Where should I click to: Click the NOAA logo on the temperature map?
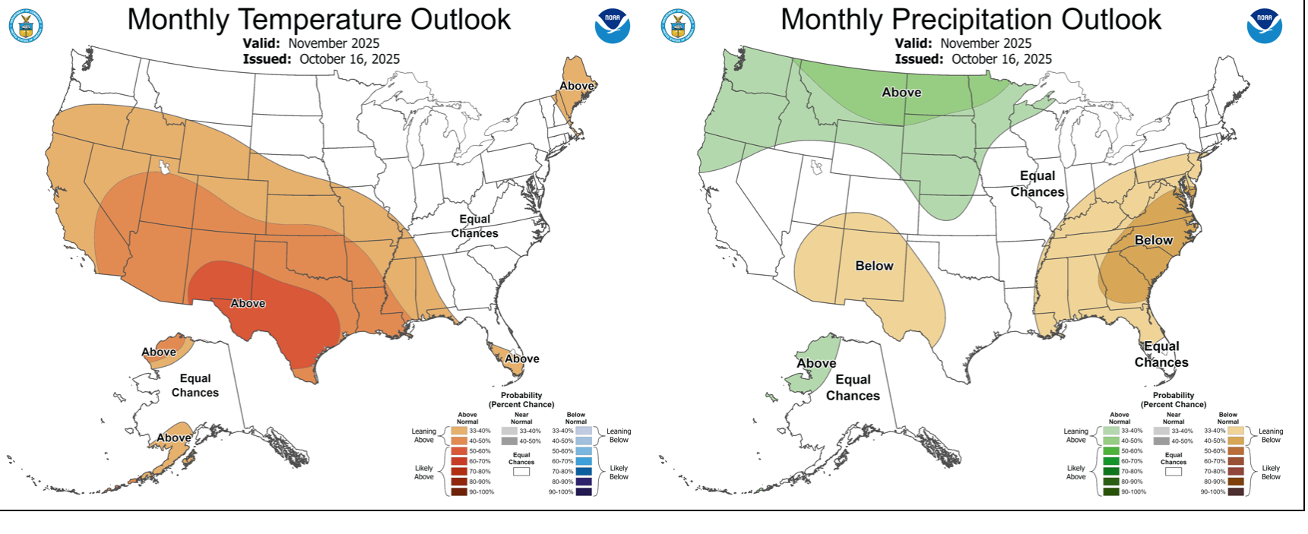tap(612, 26)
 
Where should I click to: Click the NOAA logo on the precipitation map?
tap(1264, 26)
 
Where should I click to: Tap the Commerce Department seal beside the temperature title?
tap(26, 27)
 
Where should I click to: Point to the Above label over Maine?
tap(577, 86)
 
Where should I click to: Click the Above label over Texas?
tap(248, 303)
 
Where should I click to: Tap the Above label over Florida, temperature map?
tap(522, 359)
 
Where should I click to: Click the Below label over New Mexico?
tap(874, 266)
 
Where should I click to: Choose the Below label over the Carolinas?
tap(1153, 240)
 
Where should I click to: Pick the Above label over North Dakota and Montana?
tap(901, 92)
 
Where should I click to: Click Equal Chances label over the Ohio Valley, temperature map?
tap(474, 226)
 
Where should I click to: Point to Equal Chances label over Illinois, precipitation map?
tap(1037, 184)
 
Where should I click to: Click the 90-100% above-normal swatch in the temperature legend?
tap(459, 492)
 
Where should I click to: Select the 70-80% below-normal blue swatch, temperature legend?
tap(584, 472)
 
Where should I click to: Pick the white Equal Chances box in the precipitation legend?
tap(1173, 472)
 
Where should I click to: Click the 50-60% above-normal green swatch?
tap(1112, 451)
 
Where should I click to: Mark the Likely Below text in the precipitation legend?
tap(1271, 472)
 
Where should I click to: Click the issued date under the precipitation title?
tap(1001, 59)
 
